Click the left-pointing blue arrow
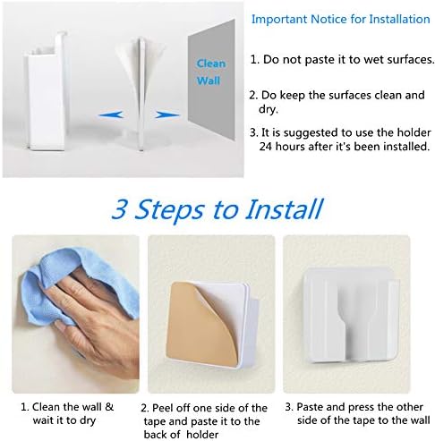(110, 114)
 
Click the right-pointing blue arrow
(167, 114)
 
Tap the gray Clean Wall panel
(211, 81)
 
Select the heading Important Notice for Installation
(340, 19)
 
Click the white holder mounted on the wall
(351, 316)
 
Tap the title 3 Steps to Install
(217, 208)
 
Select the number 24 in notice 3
(265, 147)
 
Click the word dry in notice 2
(268, 109)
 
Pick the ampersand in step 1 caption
(109, 407)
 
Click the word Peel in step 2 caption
(163, 408)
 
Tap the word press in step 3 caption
(361, 407)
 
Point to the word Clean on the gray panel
(210, 64)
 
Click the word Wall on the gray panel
(209, 81)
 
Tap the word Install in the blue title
(285, 208)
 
